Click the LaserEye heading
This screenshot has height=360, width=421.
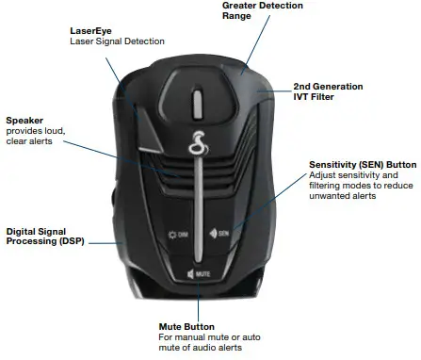tap(89, 30)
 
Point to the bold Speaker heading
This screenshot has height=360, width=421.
tap(25, 121)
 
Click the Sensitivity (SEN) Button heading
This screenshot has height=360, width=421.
tap(362, 165)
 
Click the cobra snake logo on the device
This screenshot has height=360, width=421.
tap(197, 145)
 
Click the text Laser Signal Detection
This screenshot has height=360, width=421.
tap(117, 41)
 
